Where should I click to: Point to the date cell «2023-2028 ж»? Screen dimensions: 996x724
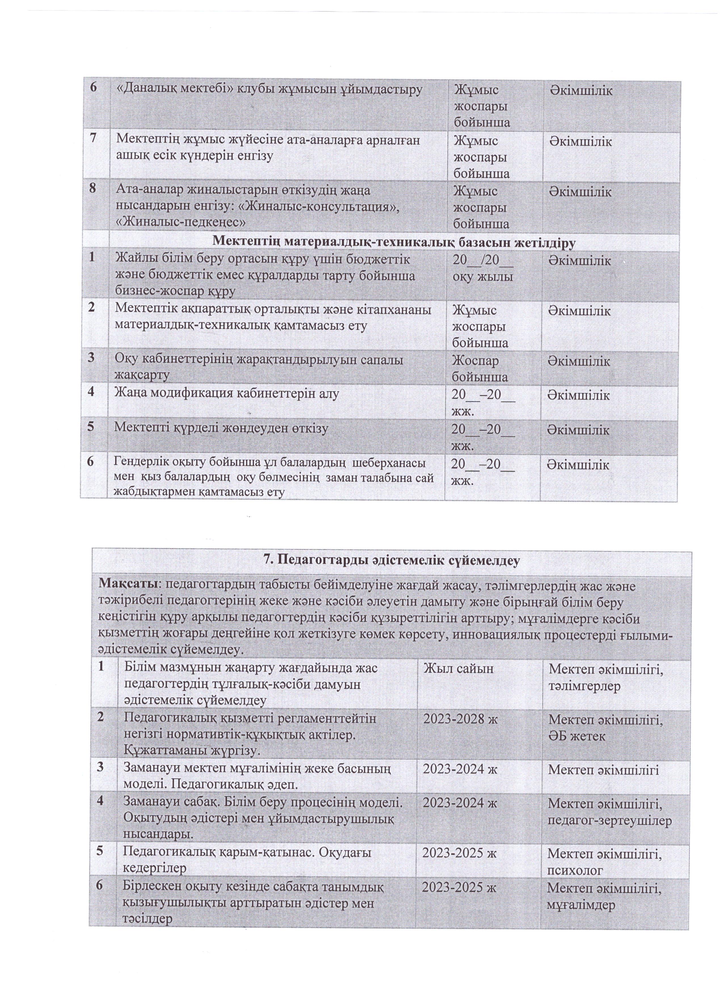click(x=460, y=719)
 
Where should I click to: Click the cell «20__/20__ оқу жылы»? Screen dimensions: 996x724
click(x=483, y=268)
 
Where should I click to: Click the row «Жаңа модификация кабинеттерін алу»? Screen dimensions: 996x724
click(x=227, y=394)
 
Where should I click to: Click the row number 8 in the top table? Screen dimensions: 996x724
click(x=93, y=189)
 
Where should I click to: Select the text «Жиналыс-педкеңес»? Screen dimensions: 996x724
click(x=180, y=222)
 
